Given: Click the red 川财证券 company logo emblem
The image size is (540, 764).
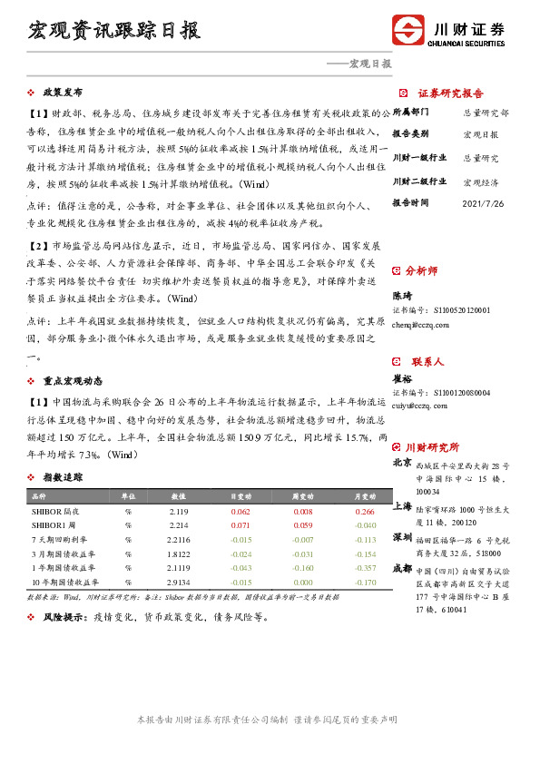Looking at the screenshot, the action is click(407, 30).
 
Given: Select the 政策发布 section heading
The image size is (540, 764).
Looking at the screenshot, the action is click(63, 93).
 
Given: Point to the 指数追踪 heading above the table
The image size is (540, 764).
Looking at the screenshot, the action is click(63, 477).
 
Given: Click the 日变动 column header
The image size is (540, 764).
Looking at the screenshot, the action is click(241, 497).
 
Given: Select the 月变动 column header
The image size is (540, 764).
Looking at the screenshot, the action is click(364, 497).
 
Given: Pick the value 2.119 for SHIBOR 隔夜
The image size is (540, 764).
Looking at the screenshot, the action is click(178, 512).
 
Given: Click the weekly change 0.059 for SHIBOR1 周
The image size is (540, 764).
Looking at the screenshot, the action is click(303, 525).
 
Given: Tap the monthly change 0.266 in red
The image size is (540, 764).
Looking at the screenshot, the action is click(364, 512).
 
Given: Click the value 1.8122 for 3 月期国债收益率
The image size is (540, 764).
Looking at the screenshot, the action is click(178, 553).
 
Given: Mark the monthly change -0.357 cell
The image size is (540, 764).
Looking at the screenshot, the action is click(364, 567).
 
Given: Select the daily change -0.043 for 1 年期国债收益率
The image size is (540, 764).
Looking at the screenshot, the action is click(241, 567).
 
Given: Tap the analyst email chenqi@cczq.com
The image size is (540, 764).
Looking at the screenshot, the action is click(420, 324).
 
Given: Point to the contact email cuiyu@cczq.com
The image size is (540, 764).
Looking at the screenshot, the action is click(419, 406).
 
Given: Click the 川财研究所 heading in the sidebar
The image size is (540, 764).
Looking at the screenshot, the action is click(432, 447).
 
